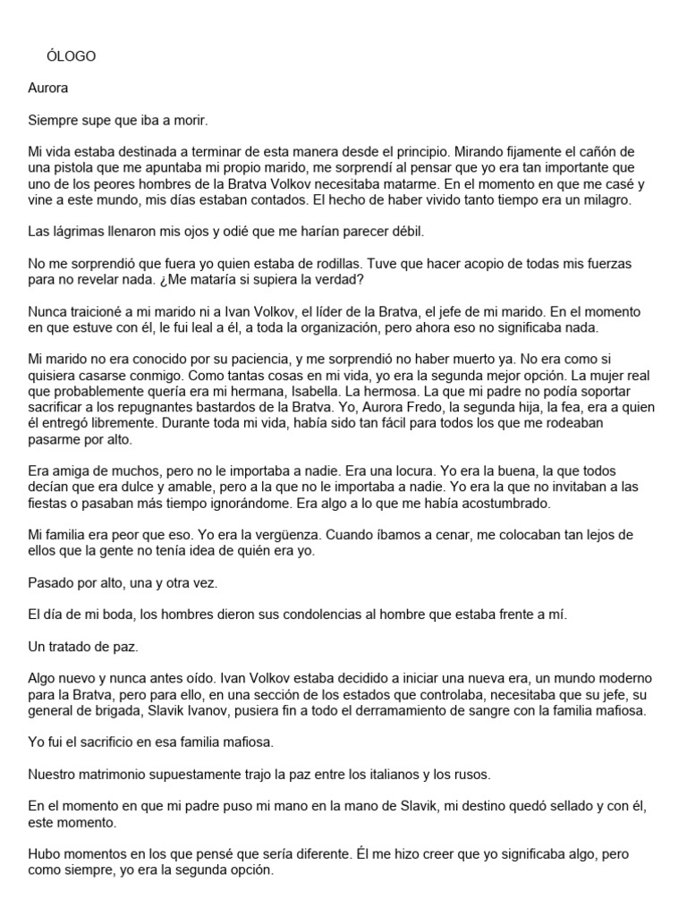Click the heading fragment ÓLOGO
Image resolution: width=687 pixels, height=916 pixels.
point(71,56)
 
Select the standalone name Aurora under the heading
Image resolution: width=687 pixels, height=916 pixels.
point(48,89)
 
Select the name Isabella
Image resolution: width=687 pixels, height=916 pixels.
point(361,392)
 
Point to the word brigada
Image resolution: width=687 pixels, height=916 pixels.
point(122,711)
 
